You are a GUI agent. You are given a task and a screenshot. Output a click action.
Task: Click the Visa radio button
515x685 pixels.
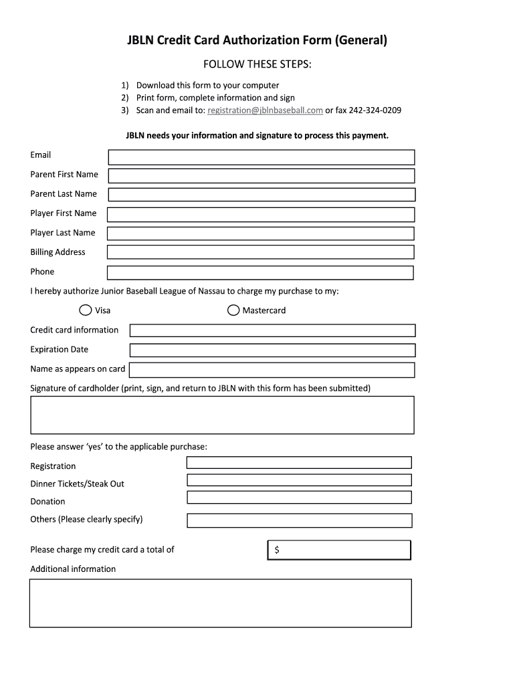(x=86, y=310)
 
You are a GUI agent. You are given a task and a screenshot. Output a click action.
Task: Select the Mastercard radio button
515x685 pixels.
(x=233, y=310)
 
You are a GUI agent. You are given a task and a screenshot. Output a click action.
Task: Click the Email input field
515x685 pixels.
(x=261, y=157)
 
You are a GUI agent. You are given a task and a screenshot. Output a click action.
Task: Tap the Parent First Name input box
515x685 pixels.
(x=261, y=175)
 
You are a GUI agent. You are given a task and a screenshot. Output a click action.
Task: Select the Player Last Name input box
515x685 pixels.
(x=261, y=233)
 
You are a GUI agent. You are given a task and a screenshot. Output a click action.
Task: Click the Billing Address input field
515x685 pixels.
(x=261, y=252)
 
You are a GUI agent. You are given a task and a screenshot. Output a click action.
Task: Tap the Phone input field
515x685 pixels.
(x=261, y=273)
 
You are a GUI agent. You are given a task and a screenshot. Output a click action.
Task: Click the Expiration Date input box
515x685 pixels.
(x=272, y=350)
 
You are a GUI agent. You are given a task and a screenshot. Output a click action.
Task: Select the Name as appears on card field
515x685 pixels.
(x=272, y=370)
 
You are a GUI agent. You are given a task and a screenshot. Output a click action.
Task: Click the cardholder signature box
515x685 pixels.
(x=222, y=415)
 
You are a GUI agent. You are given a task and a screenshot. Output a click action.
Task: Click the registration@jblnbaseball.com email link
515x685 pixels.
(x=266, y=110)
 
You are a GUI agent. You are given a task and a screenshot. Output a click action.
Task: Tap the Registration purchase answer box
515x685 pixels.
(x=299, y=462)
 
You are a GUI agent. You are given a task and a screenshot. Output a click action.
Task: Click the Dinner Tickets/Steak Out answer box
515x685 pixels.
(x=299, y=480)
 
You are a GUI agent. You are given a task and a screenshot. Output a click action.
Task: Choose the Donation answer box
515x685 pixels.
(x=299, y=497)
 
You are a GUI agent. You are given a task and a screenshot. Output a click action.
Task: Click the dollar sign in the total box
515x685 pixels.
(x=277, y=550)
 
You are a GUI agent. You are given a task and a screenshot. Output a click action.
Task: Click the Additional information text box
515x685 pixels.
(x=221, y=603)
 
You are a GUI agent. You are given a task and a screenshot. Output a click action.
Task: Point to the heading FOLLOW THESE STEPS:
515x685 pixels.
(x=257, y=64)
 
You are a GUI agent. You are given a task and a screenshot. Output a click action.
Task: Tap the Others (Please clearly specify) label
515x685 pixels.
(x=86, y=519)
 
